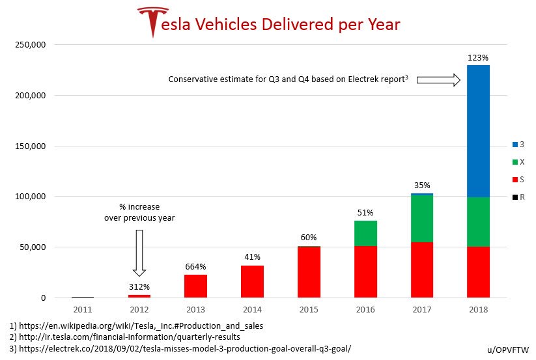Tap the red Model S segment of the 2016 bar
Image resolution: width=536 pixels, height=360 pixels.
(x=365, y=271)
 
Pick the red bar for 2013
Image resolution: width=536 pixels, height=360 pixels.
(x=195, y=286)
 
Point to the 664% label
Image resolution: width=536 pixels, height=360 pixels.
(x=195, y=266)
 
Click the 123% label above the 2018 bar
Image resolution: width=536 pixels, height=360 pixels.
(x=477, y=57)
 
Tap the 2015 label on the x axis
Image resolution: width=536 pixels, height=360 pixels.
(x=308, y=309)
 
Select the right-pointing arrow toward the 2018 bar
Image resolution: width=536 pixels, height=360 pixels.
(x=438, y=79)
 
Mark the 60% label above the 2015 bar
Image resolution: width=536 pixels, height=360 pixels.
(x=308, y=237)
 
